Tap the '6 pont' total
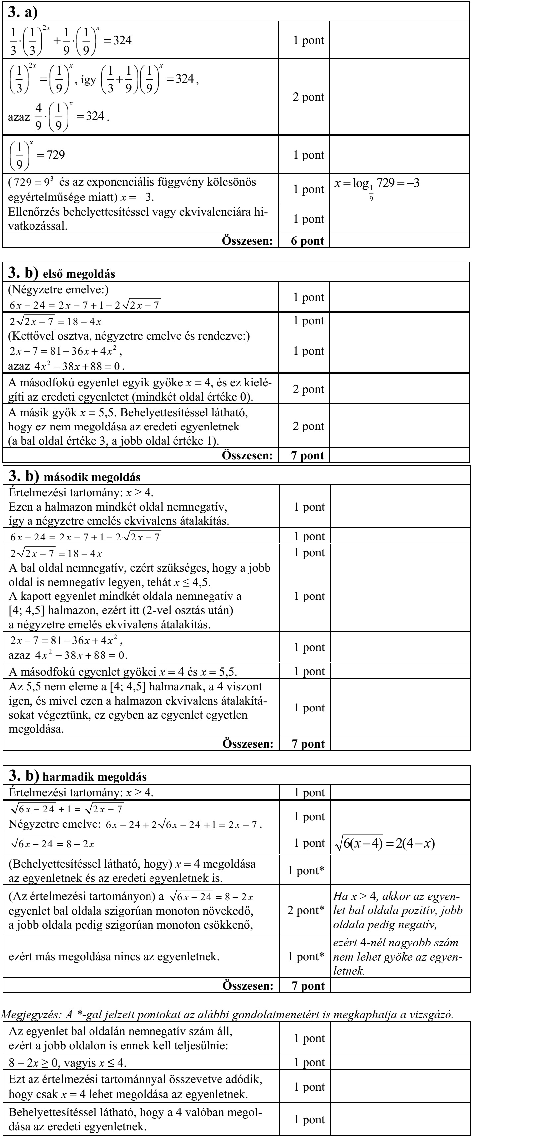(x=307, y=241)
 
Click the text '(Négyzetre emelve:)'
(x=59, y=290)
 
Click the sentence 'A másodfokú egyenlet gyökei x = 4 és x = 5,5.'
(x=123, y=672)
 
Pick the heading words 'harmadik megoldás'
(x=94, y=777)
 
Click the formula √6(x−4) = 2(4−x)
(x=385, y=843)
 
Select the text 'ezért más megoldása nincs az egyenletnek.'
(x=114, y=956)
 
